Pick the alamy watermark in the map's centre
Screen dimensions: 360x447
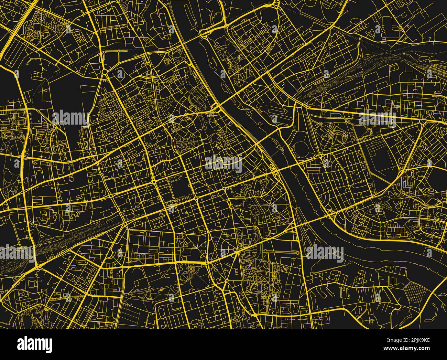pyautogui.click(x=223, y=163)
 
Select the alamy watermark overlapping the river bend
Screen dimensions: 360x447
pyautogui.click(x=325, y=253)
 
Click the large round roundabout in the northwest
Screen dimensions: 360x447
pyautogui.click(x=105, y=72)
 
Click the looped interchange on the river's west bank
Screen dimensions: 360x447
pyautogui.click(x=275, y=171)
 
